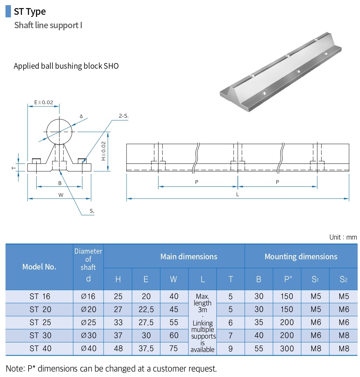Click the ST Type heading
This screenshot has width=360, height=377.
[x=30, y=12]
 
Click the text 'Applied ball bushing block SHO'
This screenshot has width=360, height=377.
[x=66, y=66]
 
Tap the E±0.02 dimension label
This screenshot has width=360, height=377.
[x=43, y=103]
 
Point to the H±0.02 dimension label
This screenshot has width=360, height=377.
[x=103, y=151]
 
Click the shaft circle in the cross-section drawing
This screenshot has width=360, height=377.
[x=60, y=131]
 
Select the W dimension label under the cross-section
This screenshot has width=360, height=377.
[x=61, y=195]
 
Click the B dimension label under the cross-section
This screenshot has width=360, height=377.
[x=60, y=183]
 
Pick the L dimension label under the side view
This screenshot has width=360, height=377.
[x=237, y=194]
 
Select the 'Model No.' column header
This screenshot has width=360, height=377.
[x=39, y=267]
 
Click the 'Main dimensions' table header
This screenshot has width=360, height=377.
[x=188, y=257]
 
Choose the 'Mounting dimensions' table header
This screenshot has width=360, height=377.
[x=301, y=257]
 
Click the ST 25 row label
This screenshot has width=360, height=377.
[x=40, y=322]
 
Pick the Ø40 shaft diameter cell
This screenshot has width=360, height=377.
[x=88, y=348]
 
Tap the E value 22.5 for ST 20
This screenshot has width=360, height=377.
[x=146, y=309]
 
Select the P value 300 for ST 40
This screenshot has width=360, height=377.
[x=287, y=348]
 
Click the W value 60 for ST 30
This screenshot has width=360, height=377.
[x=174, y=335]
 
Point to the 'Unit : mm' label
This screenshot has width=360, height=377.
[x=343, y=237]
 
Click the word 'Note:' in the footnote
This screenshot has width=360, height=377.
[x=15, y=369]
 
